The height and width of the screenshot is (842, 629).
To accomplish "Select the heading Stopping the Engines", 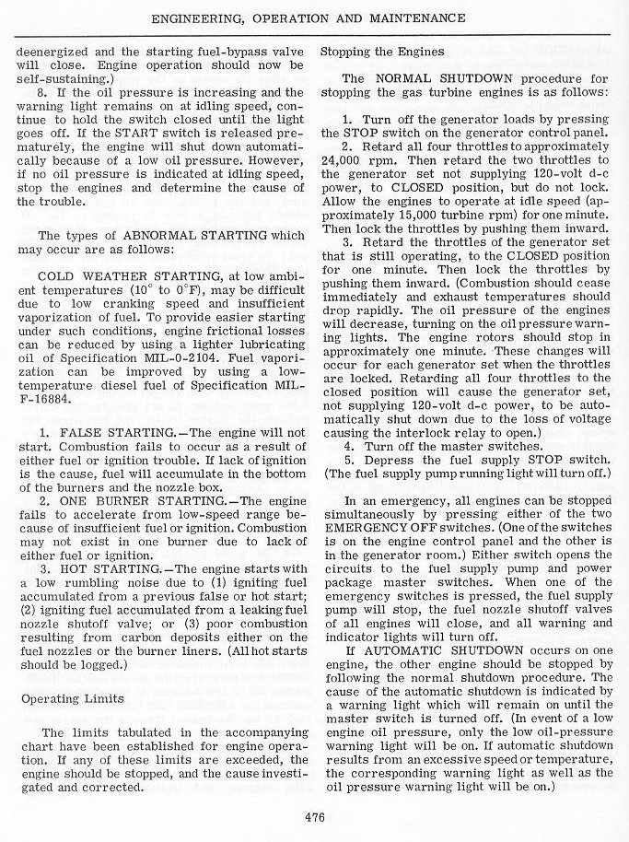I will coord(382,51).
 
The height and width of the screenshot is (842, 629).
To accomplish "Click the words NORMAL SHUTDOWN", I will coord(431,79).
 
